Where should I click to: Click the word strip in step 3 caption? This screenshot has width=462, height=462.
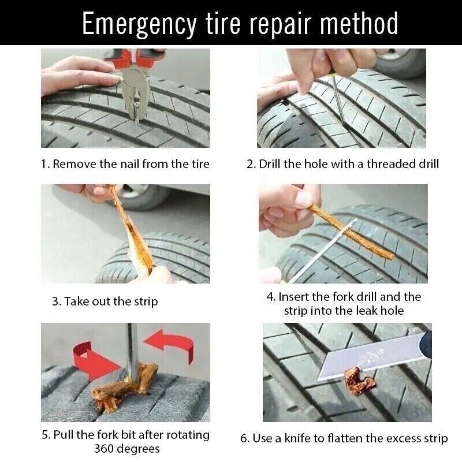pos(145,301)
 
